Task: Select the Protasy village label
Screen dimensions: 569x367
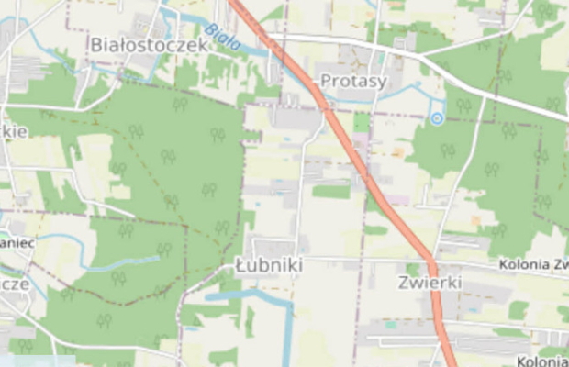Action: [353, 81]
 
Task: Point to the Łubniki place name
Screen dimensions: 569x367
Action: [269, 265]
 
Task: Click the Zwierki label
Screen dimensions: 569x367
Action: [430, 282]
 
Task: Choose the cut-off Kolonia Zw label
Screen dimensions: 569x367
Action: [533, 265]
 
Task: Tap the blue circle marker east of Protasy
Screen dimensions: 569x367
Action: [437, 118]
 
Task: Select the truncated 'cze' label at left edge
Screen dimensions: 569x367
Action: [15, 284]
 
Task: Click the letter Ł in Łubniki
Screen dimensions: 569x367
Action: [241, 265]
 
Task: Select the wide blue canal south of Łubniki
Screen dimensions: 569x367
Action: [248, 295]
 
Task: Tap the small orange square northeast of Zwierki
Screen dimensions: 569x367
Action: [474, 220]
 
